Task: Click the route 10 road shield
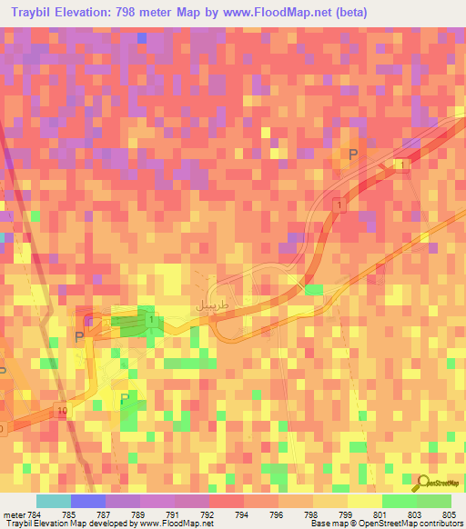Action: [62, 412]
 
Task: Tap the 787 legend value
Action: [106, 514]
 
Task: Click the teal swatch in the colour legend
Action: [54, 501]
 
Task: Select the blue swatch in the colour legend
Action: [88, 501]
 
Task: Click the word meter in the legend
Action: [14, 514]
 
